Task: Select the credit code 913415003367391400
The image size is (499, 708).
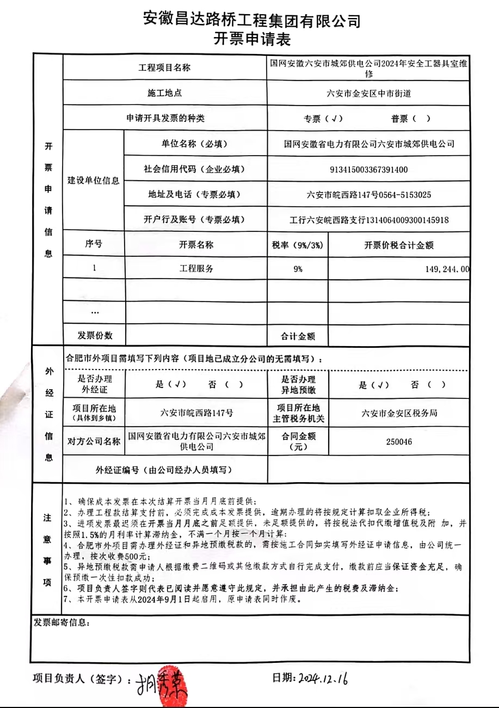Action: [369, 169]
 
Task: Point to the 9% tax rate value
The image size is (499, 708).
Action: [298, 269]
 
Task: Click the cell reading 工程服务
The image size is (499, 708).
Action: [196, 269]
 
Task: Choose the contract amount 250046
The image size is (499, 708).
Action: [399, 442]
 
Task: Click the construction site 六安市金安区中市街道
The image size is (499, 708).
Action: [369, 94]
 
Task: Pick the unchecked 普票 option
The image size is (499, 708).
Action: [410, 119]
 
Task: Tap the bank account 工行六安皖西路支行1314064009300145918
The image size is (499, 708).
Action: [369, 220]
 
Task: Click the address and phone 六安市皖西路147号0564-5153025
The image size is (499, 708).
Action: [369, 194]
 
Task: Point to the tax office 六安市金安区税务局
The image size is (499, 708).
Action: [399, 413]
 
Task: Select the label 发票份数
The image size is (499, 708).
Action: [95, 335]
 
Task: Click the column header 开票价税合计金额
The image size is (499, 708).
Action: [399, 245]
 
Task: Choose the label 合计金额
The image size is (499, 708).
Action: [298, 336]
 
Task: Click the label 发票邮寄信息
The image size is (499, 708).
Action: [62, 622]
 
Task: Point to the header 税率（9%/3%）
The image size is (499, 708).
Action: [298, 245]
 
